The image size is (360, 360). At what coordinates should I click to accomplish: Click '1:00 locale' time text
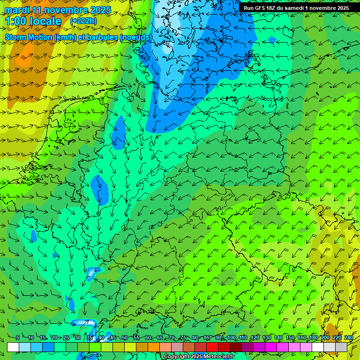coord(33,22)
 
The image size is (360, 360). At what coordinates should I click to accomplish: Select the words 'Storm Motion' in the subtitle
coord(28,37)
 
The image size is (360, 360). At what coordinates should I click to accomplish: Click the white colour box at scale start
coord(13,347)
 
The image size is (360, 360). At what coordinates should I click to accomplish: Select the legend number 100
coord(231,337)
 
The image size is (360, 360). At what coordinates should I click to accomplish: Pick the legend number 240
coord(348,337)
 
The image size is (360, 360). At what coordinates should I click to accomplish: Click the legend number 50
coord(125,337)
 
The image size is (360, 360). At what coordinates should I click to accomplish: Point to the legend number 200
coord(325,337)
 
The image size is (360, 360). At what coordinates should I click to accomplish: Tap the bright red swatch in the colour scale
coord(212,347)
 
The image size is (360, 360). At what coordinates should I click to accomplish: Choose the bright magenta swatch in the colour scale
coord(271,347)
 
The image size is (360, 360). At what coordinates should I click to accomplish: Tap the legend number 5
coord(18,337)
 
